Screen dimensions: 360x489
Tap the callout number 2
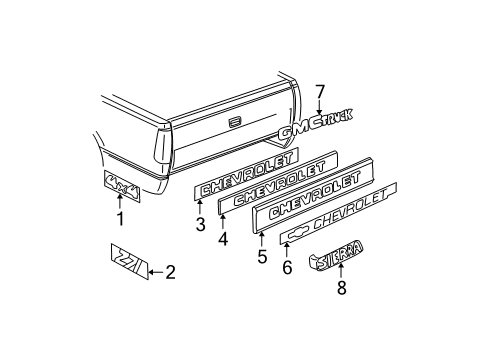tap(170, 270)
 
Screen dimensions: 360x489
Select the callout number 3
tap(200, 224)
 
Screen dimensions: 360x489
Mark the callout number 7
tap(320, 93)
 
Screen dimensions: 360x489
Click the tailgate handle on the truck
tap(234, 122)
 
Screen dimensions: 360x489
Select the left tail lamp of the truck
tap(162, 150)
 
